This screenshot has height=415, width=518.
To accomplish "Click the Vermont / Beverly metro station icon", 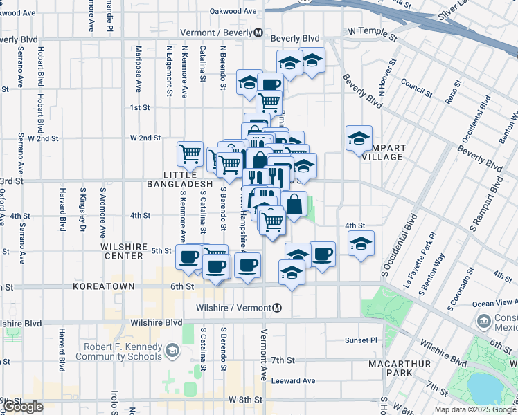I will tap(258, 33).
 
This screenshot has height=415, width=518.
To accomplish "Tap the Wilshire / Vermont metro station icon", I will tap(277, 308).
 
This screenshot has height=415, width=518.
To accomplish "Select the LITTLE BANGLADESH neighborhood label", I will tap(179, 179).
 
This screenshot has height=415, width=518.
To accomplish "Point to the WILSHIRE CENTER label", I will tap(126, 251).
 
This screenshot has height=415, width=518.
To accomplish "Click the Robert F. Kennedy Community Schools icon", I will tap(172, 353).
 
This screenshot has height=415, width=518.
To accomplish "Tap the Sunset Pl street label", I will tap(361, 340).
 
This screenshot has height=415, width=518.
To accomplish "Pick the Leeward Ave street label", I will tap(293, 380).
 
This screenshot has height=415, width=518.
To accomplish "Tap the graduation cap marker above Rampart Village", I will tap(359, 138).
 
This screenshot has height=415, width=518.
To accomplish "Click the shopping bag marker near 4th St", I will tap(294, 204).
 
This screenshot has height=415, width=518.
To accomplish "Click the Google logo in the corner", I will tap(23, 407).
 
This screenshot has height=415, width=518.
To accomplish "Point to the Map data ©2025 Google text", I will tap(474, 409).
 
